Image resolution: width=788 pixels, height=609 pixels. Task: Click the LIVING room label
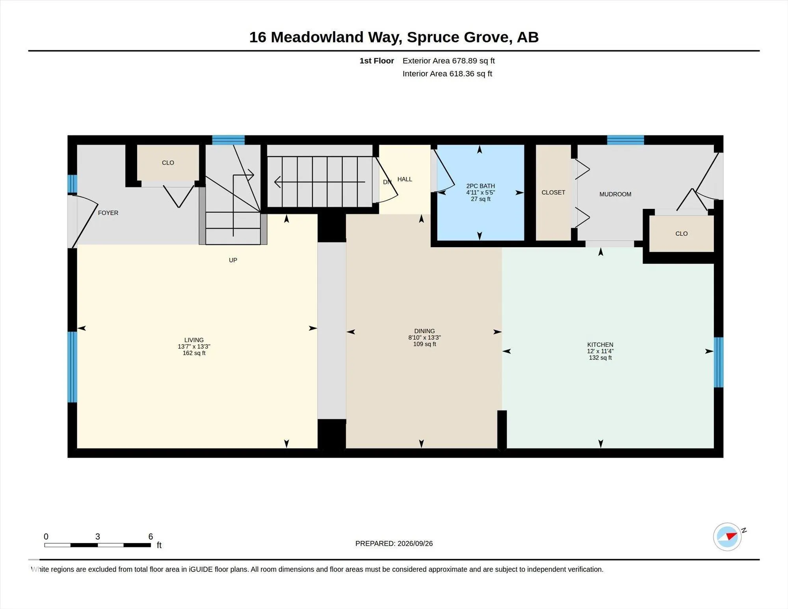tap(194, 340)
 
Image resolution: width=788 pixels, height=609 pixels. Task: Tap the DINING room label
tap(424, 331)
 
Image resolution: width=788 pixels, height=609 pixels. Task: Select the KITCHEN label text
tap(600, 345)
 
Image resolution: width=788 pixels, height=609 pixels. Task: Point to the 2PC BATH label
tap(480, 186)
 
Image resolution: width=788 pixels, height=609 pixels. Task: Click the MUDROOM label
tap(615, 194)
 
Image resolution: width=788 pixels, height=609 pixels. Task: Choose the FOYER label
tap(108, 213)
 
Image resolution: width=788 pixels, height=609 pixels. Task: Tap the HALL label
tap(405, 179)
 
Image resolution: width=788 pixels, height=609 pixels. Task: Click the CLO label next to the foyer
tap(168, 163)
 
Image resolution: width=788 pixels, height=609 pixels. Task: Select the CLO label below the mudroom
tap(681, 234)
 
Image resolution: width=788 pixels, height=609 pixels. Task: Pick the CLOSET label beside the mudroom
tap(553, 192)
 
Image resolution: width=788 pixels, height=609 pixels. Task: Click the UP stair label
tap(233, 260)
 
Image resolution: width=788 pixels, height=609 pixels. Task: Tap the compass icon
tap(727, 536)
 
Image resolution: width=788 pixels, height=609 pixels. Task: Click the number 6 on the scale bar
tap(151, 536)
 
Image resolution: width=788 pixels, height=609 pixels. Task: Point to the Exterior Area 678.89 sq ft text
tap(448, 61)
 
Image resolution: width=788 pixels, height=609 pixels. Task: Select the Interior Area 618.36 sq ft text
tap(447, 74)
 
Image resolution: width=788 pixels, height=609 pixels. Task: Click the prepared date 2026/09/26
tap(415, 544)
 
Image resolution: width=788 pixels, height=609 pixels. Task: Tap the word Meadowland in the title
tap(317, 37)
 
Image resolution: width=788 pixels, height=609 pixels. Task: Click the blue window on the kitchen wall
tap(719, 362)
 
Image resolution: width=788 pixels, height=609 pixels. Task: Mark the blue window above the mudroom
tap(625, 140)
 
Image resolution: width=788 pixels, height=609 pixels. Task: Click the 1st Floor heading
tap(377, 61)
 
